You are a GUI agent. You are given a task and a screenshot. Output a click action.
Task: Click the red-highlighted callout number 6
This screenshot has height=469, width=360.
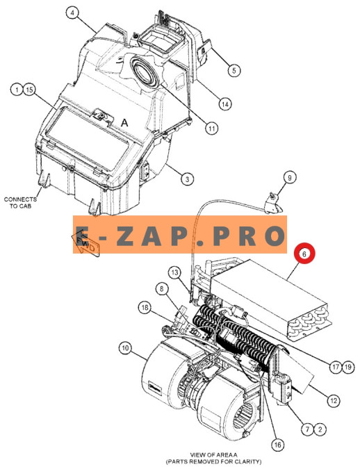coord(304,254)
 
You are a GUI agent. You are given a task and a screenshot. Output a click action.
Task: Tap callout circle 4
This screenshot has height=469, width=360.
coord(72,13)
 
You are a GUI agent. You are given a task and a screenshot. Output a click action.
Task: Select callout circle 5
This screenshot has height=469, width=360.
coord(234,71)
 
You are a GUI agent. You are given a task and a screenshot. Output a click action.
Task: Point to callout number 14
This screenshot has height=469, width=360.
coord(224,104)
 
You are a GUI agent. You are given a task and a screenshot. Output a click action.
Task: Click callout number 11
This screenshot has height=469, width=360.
coord(211,129)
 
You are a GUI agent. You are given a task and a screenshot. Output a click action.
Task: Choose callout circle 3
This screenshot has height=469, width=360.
coord(188,179)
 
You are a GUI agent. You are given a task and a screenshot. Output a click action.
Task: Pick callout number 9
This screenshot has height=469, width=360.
coord(289,178)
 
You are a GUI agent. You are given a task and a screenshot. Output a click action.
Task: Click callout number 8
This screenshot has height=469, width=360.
coord(162,289)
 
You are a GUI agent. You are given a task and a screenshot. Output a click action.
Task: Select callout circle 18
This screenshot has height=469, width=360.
coord(145,308)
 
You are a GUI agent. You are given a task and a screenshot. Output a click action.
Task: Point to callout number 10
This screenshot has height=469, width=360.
coord(125,348)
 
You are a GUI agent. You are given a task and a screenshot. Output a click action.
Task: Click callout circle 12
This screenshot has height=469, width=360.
coord(334,400)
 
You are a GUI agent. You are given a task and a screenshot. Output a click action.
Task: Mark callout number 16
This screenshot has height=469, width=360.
coord(278,445)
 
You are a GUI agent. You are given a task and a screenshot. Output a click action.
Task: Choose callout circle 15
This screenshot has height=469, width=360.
coord(29,90)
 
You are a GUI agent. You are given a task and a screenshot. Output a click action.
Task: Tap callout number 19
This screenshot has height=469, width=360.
coord(347,367)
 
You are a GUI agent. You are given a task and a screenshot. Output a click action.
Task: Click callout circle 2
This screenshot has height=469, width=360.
coord(320,430)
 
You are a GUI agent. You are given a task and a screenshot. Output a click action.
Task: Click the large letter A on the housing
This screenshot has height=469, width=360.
coord(124,122)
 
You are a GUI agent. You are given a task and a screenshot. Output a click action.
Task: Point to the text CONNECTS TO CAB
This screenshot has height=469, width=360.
coord(20,202)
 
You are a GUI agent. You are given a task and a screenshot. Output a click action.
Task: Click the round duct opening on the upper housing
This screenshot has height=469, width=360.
coord(145,72)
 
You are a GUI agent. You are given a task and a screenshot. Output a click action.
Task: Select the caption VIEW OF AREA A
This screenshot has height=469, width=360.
coord(213,455)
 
